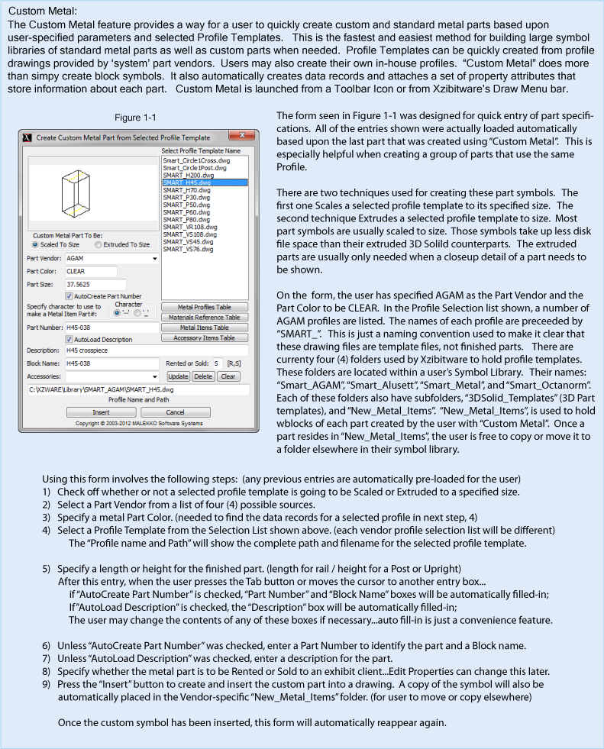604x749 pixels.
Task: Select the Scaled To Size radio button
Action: click(35, 244)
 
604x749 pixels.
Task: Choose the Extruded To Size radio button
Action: click(98, 244)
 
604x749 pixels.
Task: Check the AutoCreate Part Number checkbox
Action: click(69, 295)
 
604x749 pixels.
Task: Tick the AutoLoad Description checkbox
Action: click(69, 338)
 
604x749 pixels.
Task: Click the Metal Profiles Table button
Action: click(205, 306)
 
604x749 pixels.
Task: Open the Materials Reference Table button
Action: click(205, 317)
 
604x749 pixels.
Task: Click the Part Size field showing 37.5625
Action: click(90, 284)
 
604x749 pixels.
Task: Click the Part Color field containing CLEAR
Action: click(90, 271)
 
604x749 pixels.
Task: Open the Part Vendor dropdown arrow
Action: click(155, 258)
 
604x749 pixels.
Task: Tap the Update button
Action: click(178, 376)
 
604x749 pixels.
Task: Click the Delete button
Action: click(202, 376)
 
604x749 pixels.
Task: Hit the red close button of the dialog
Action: click(241, 137)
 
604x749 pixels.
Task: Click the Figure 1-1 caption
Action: click(135, 118)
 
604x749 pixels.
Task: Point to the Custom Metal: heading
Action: click(42, 11)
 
